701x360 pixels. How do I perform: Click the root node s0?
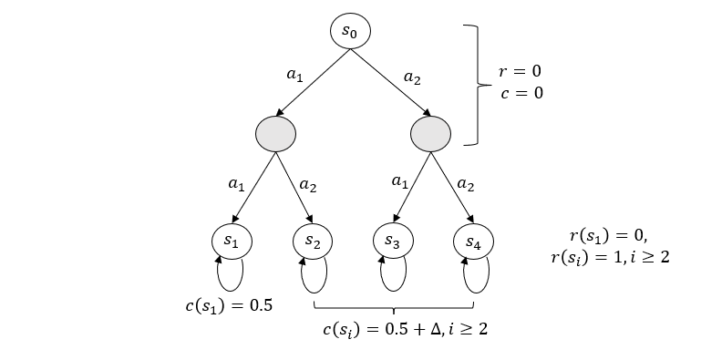[350, 31]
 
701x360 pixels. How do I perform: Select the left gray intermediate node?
[276, 135]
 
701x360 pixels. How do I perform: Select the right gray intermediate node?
[431, 135]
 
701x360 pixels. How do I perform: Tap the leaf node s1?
[231, 242]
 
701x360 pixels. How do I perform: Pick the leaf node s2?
[313, 242]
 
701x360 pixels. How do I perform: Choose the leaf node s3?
[392, 242]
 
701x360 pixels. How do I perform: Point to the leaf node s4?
[472, 242]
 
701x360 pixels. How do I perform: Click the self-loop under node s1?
[231, 273]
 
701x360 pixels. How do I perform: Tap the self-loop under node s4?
[476, 273]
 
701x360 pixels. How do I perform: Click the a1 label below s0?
[294, 76]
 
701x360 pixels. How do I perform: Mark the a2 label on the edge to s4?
[465, 184]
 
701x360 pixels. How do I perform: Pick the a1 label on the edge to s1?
[237, 184]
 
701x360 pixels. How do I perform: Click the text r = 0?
[524, 70]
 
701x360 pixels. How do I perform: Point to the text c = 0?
[522, 92]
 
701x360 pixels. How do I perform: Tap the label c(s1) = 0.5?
[229, 304]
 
